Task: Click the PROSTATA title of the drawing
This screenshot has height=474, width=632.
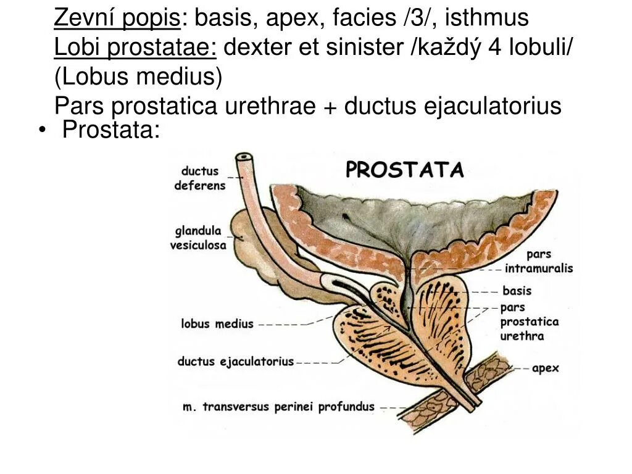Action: click(404, 170)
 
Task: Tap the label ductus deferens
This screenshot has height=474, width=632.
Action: click(200, 178)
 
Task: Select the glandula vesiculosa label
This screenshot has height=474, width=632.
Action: click(198, 238)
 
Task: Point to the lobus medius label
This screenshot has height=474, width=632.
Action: click(217, 323)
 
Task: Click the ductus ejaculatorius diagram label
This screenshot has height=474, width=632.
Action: click(236, 362)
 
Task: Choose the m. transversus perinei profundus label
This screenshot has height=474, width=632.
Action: click(279, 407)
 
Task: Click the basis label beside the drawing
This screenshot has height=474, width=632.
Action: click(517, 291)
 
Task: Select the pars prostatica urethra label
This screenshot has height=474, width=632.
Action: click(529, 322)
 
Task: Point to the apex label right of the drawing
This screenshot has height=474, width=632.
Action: click(545, 368)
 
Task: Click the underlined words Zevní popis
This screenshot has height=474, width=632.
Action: click(117, 19)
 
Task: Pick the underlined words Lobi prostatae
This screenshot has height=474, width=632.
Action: click(135, 48)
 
